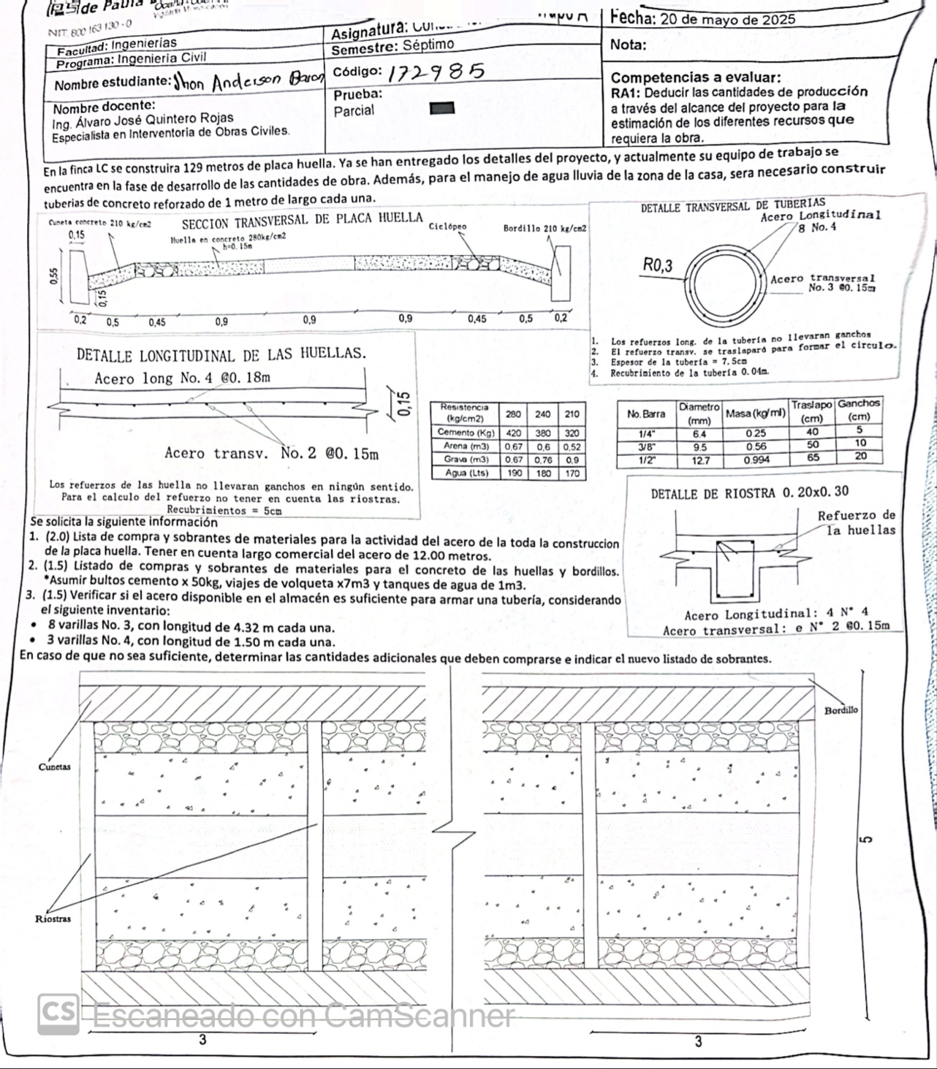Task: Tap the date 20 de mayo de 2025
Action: click(x=727, y=20)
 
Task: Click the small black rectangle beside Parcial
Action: click(x=438, y=110)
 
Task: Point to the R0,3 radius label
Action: click(x=659, y=265)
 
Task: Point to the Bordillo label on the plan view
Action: click(x=841, y=710)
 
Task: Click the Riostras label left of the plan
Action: click(x=53, y=918)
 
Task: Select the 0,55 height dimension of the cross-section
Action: click(x=52, y=275)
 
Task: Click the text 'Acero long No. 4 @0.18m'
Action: click(x=182, y=378)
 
